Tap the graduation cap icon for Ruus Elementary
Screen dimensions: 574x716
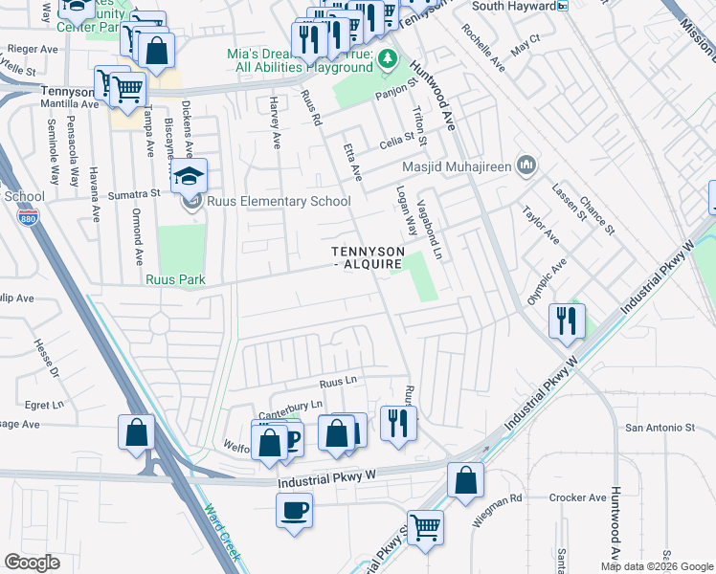pos(190,176)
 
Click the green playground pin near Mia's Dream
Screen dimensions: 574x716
pos(388,59)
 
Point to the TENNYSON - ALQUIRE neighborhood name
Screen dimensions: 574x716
pos(369,257)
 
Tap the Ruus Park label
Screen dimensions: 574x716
pos(175,280)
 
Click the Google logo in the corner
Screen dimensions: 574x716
pos(32,562)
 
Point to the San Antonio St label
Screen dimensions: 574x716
pos(660,428)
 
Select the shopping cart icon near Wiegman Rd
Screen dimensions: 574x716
pos(425,525)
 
